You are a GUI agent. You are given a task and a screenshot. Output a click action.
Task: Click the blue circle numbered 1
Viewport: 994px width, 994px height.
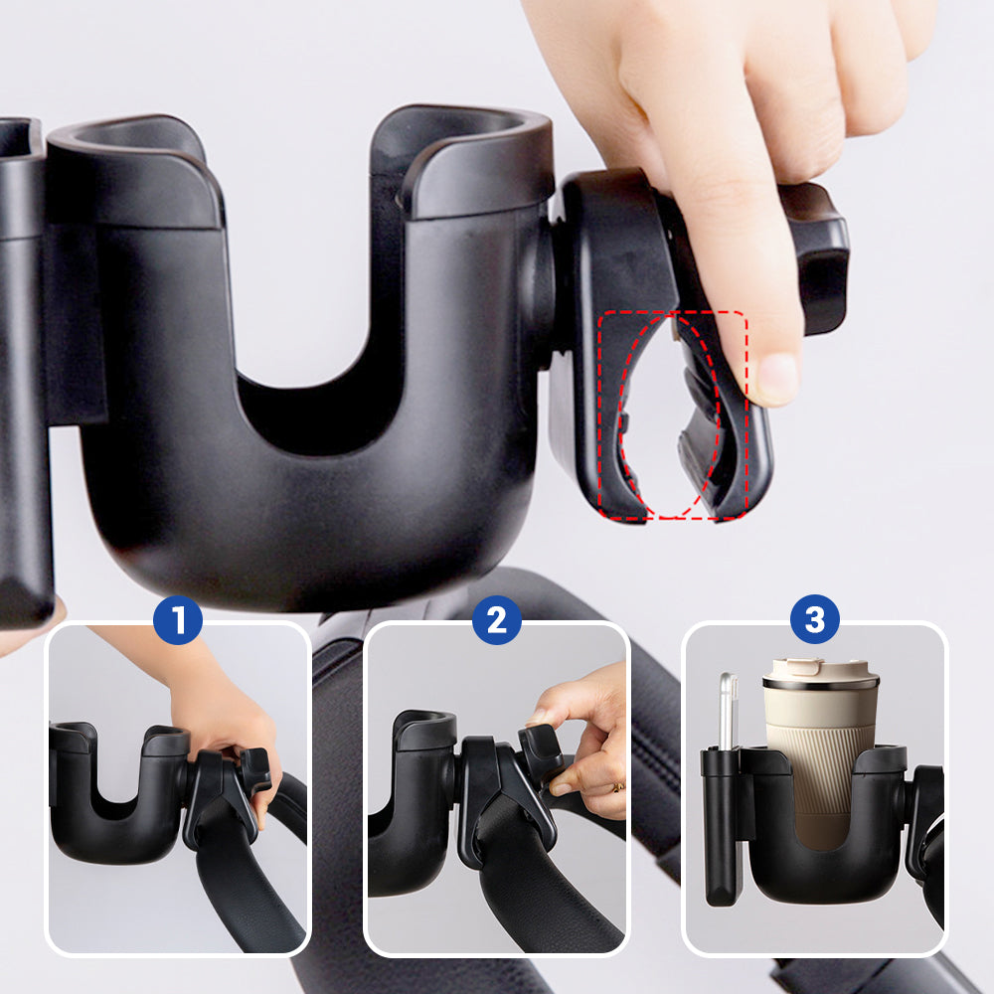pos(178,619)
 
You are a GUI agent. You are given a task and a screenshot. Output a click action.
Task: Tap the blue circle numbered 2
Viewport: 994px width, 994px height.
pos(497,619)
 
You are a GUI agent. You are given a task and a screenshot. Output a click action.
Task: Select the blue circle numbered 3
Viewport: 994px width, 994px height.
pos(815,619)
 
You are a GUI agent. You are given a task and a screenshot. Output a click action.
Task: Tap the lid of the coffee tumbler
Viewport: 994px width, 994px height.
pos(821,674)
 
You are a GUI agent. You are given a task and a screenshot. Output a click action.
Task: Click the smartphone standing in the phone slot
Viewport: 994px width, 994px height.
pos(729,710)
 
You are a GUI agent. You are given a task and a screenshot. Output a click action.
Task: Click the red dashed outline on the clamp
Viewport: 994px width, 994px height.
pos(673,312)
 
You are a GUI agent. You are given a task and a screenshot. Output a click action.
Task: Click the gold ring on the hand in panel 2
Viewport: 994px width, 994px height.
pos(617,788)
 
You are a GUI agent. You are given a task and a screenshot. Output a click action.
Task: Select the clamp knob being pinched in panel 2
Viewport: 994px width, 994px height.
pos(539,748)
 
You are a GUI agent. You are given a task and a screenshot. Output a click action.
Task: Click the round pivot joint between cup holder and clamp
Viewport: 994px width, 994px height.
pos(539,298)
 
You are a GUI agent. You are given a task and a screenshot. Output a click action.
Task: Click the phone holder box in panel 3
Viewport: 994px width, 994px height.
pos(721,824)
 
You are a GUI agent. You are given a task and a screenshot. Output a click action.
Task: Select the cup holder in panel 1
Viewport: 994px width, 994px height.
pos(117,792)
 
